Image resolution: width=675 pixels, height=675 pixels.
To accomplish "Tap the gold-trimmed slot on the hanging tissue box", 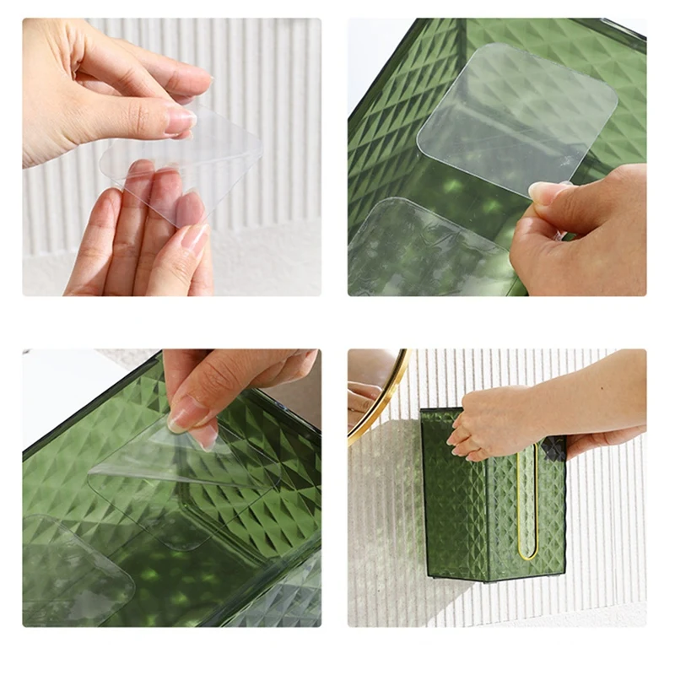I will (528, 506).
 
